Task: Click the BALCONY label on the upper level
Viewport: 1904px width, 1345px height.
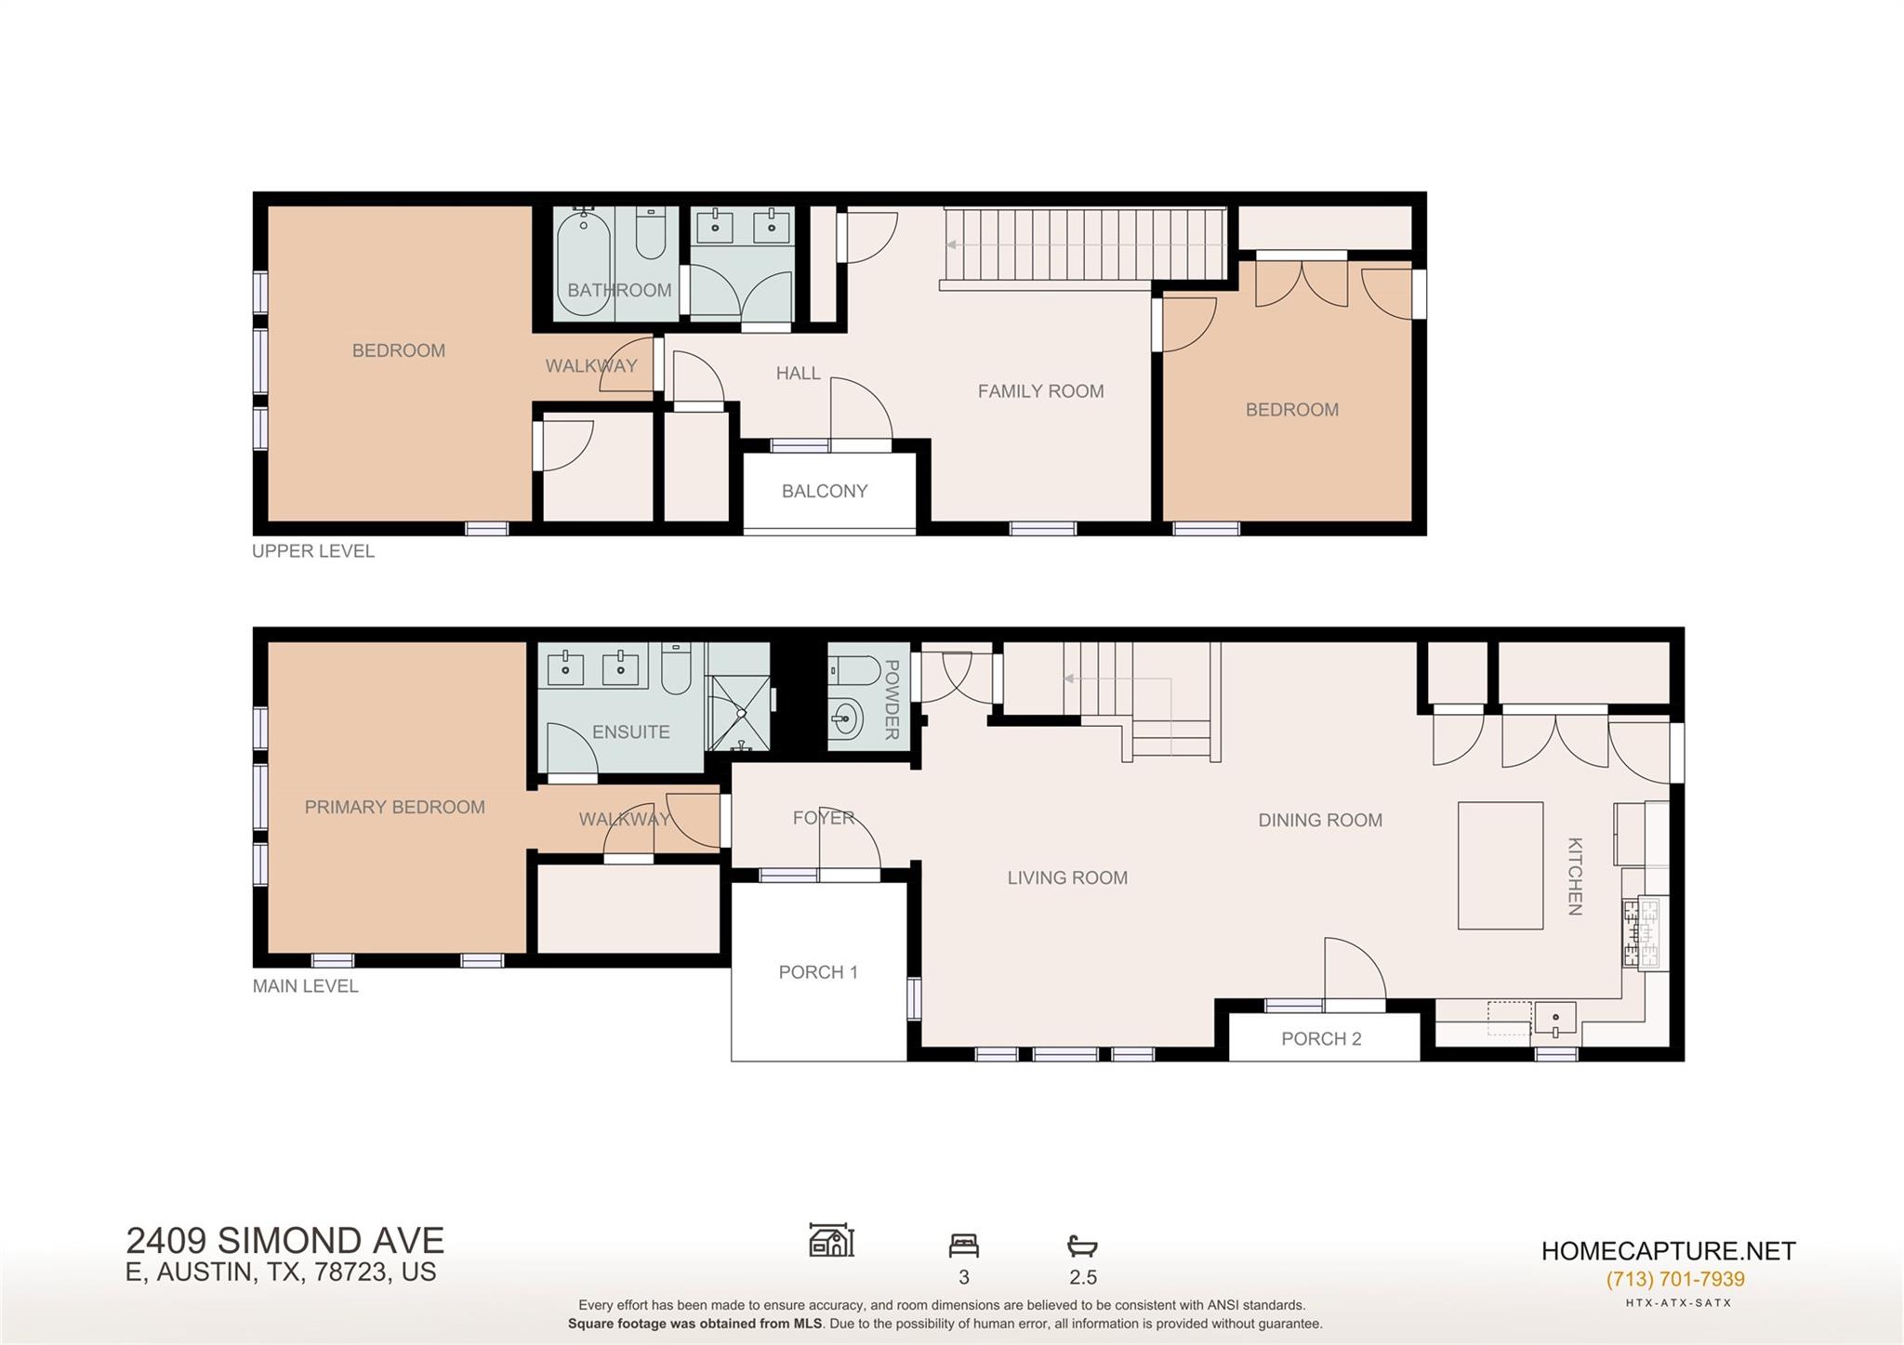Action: tap(824, 491)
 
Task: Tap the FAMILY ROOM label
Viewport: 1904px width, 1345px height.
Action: tap(1040, 391)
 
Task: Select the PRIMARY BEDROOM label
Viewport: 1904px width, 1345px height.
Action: tap(394, 807)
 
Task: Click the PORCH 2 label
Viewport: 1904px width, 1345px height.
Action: tap(1320, 1038)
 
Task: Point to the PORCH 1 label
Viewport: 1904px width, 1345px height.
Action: tap(817, 971)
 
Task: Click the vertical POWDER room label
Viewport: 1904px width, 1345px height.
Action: tap(891, 699)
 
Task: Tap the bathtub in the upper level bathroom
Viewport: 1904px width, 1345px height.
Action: tap(583, 264)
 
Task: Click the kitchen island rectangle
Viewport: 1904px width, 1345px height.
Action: tap(1500, 865)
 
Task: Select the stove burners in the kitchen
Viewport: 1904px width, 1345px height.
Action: tap(1641, 932)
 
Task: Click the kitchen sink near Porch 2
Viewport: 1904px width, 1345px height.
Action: tap(1554, 1019)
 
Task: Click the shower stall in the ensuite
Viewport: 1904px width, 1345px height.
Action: tap(740, 713)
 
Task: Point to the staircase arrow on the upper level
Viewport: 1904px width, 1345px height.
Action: tap(953, 245)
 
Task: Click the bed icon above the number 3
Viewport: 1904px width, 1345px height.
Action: tap(963, 1245)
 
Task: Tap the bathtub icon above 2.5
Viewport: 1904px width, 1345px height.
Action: tap(1082, 1245)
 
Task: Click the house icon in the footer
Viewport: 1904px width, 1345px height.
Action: tap(831, 1240)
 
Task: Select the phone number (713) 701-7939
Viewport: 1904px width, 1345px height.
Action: tap(1674, 1279)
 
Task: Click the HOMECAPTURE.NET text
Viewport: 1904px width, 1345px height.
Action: tap(1668, 1251)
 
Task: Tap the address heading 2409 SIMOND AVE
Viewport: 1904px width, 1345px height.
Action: tap(284, 1241)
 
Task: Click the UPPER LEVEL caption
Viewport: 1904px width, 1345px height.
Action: tap(313, 551)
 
